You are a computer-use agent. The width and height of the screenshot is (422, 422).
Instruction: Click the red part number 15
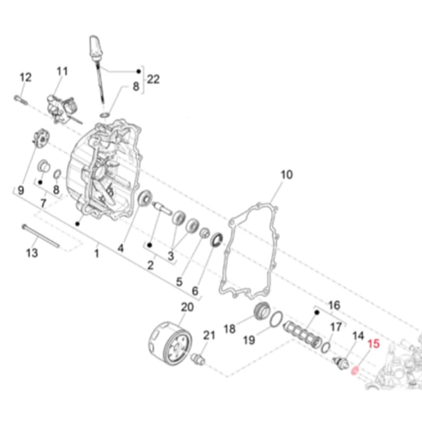[373, 345]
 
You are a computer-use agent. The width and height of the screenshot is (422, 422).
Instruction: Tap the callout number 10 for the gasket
[286, 174]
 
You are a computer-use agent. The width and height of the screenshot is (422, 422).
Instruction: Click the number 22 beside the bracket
[153, 79]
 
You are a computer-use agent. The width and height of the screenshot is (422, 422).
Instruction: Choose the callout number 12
[25, 77]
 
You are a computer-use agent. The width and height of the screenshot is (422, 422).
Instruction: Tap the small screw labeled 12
[19, 98]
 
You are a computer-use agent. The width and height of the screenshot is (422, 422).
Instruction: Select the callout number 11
[62, 71]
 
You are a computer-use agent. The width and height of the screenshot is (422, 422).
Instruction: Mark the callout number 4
[121, 248]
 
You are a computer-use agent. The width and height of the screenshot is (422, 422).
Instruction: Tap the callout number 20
[186, 307]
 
